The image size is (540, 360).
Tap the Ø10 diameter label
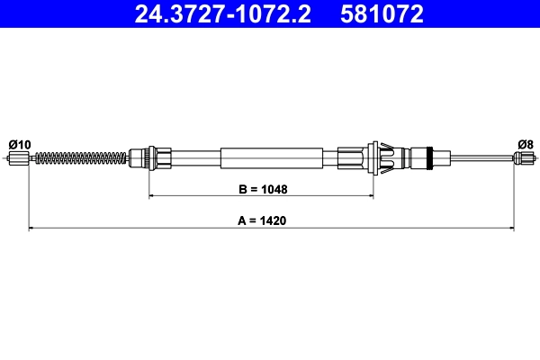click(19, 144)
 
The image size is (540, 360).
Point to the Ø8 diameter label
click(526, 144)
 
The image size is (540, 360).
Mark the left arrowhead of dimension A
click(33, 229)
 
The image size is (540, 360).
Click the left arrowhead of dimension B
click(152, 195)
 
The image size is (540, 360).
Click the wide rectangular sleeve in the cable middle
click(271, 159)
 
